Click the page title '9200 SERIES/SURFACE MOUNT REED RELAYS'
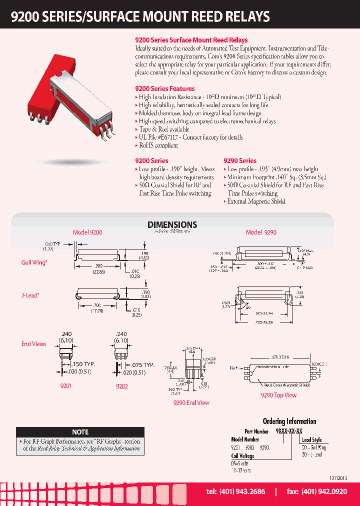pos(140,16)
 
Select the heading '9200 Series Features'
pos(165,88)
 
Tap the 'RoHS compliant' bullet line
pos(158,145)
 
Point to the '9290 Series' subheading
pos(240,161)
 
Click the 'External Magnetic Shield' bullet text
pos(256,201)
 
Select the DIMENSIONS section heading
pos(172,225)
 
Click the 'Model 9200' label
pos(87,233)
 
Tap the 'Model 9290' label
pos(261,232)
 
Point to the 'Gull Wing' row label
pos(33,262)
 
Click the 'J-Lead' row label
pos(30,295)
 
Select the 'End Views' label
pos(33,344)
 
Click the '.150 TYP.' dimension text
pos(82,364)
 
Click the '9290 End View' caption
pos(191,402)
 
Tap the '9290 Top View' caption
pos(278,395)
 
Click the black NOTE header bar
pos(80,432)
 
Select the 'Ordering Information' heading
pos(289,421)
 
